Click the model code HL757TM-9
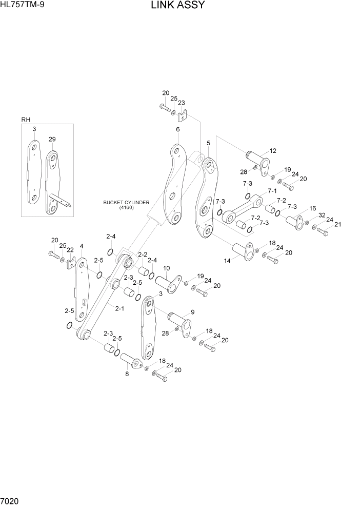tap(23, 6)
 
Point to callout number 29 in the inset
tap(52, 140)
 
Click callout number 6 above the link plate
tap(177, 129)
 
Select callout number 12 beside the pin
tap(273, 151)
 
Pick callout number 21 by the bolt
tap(337, 224)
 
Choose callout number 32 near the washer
tap(322, 215)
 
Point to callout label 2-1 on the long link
tap(119, 308)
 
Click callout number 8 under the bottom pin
tap(127, 375)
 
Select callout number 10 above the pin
tap(166, 268)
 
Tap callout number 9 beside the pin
tap(192, 312)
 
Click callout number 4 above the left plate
tap(81, 246)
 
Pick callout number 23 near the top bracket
tap(182, 103)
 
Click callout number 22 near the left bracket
tap(70, 250)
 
